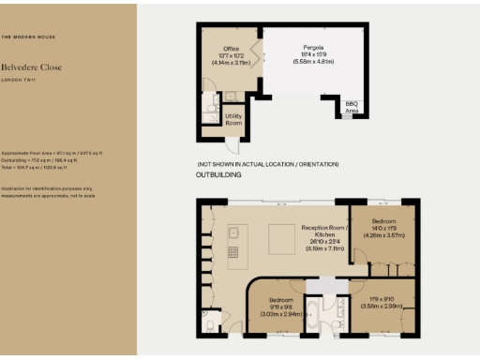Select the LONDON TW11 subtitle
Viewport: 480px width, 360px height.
[19, 82]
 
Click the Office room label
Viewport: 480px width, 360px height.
[231, 47]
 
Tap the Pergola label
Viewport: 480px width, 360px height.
[313, 47]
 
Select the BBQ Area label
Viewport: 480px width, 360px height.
[352, 106]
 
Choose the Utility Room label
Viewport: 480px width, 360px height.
[234, 120]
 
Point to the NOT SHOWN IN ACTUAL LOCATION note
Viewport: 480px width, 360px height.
[267, 164]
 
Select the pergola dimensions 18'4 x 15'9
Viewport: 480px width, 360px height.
[313, 56]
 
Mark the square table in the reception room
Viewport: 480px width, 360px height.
[278, 244]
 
